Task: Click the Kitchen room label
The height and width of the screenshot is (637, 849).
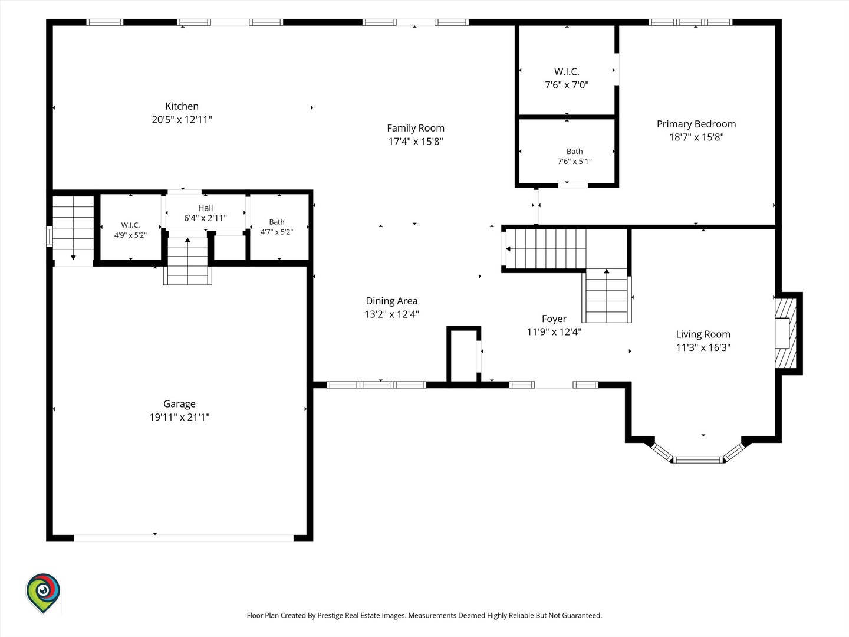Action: tap(182, 106)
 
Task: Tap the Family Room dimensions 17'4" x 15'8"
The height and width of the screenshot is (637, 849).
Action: tap(416, 141)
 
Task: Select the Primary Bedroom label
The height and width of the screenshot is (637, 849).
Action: tap(696, 124)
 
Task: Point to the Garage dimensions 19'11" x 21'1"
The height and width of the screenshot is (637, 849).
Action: tap(179, 417)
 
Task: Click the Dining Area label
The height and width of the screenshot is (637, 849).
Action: tap(391, 301)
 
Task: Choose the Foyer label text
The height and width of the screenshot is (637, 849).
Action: tap(554, 318)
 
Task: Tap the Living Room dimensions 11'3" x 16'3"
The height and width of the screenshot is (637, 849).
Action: tap(703, 347)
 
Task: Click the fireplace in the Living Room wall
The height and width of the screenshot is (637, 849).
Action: tap(785, 333)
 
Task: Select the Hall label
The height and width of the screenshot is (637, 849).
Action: tap(205, 208)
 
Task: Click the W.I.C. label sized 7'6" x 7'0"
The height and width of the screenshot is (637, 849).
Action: tap(567, 71)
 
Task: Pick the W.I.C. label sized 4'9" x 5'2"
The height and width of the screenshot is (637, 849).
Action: tap(130, 225)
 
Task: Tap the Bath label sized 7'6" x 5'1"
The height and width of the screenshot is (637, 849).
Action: tap(575, 151)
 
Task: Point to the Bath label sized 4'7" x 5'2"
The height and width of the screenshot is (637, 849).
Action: tap(277, 222)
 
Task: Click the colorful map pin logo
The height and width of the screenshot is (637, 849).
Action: tap(43, 593)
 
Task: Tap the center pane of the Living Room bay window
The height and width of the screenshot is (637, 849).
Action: tap(698, 460)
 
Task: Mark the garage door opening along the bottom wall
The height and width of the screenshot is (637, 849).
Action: tap(184, 538)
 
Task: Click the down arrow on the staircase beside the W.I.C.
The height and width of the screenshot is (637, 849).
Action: tap(73, 257)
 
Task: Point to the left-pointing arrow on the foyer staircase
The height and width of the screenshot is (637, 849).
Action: tap(508, 249)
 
